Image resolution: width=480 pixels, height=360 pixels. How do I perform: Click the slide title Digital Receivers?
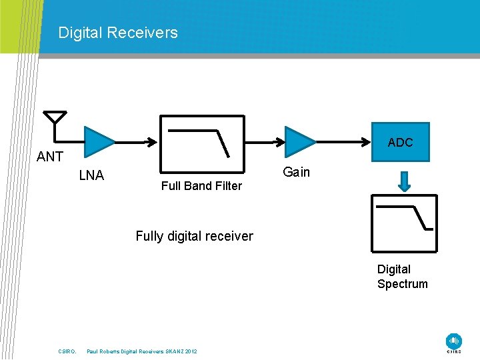[x=118, y=33]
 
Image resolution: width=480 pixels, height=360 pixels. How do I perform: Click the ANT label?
[x=50, y=157]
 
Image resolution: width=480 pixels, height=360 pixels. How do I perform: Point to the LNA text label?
[x=91, y=176]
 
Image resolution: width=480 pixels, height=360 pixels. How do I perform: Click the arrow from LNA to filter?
[x=137, y=141]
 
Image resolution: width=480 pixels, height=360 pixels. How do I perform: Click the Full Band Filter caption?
[x=201, y=186]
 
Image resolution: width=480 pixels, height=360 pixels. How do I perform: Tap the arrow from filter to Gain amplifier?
[x=265, y=141]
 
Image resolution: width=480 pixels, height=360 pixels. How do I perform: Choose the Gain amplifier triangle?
[x=299, y=141]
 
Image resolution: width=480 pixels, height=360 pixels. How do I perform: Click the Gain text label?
[x=297, y=173]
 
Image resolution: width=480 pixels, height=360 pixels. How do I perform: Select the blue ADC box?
[x=400, y=143]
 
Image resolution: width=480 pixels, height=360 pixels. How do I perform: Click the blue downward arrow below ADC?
[x=404, y=180]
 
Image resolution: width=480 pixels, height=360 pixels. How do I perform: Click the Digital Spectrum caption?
[x=403, y=277]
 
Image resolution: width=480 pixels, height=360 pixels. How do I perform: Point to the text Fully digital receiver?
[x=194, y=236]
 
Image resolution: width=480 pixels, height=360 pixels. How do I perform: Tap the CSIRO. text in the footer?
[x=67, y=351]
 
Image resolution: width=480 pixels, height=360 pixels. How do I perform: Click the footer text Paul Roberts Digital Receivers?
[x=141, y=351]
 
